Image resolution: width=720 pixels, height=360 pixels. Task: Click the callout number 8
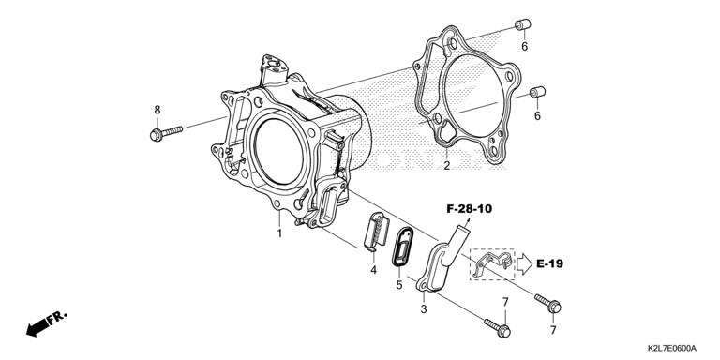(x=157, y=110)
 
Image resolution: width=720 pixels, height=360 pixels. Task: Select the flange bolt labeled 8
(x=166, y=133)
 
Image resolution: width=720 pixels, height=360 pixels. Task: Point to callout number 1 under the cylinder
(x=279, y=233)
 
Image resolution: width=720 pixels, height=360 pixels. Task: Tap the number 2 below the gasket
(x=447, y=165)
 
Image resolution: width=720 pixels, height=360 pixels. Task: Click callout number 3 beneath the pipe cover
(x=424, y=309)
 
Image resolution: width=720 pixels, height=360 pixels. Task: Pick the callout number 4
(x=373, y=270)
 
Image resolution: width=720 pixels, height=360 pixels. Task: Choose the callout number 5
(x=399, y=285)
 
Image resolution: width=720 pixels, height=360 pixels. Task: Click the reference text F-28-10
(x=470, y=209)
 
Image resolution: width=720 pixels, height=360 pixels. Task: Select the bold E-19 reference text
(x=549, y=263)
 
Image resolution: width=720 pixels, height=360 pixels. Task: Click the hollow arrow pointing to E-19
(x=524, y=264)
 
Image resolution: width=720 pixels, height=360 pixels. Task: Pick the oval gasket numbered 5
(x=403, y=247)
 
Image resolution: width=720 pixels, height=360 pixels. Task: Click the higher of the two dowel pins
(x=522, y=24)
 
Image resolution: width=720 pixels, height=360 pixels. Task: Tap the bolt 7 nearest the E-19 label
(x=547, y=304)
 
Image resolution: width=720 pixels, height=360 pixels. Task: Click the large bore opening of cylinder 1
(x=278, y=152)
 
